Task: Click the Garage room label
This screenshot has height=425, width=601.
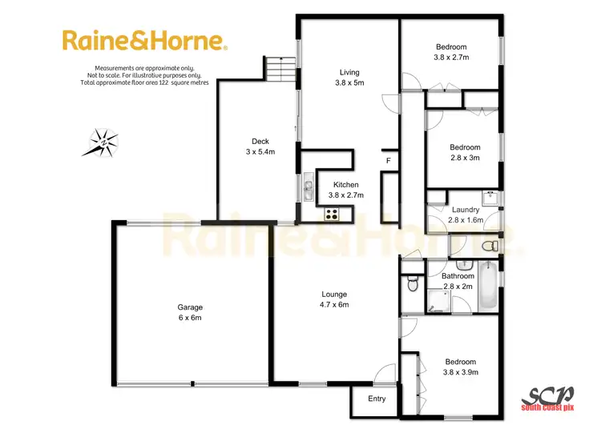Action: [x=190, y=312]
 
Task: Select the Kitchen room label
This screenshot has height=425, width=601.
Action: [x=346, y=190]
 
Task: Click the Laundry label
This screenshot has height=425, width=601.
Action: [x=465, y=215]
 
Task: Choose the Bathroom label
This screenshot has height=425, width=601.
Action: [x=458, y=281]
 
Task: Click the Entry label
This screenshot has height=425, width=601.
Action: [x=377, y=399]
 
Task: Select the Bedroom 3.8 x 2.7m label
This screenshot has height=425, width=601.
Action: [x=451, y=52]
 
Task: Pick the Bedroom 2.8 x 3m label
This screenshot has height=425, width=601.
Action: [x=465, y=152]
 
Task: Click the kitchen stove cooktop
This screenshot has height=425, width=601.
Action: [x=332, y=214]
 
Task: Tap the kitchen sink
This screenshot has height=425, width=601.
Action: [x=308, y=190]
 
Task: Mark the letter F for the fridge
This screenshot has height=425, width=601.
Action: [x=388, y=161]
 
